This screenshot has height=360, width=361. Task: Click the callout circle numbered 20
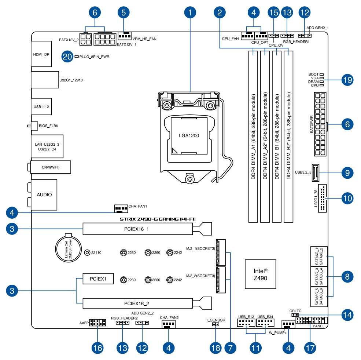[67, 57]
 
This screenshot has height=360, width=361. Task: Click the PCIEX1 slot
[98, 279]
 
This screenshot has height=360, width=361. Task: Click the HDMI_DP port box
[41, 54]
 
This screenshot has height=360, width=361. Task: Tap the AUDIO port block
[44, 194]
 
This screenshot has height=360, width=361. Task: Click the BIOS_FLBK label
[49, 126]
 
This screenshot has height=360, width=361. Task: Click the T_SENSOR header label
[216, 320]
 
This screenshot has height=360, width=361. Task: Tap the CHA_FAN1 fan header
[120, 209]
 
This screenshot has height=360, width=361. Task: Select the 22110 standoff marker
[87, 252]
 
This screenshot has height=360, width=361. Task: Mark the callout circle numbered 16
[97, 348]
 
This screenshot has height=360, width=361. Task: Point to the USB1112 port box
[41, 106]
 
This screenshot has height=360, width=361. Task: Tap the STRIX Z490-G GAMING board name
[158, 219]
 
